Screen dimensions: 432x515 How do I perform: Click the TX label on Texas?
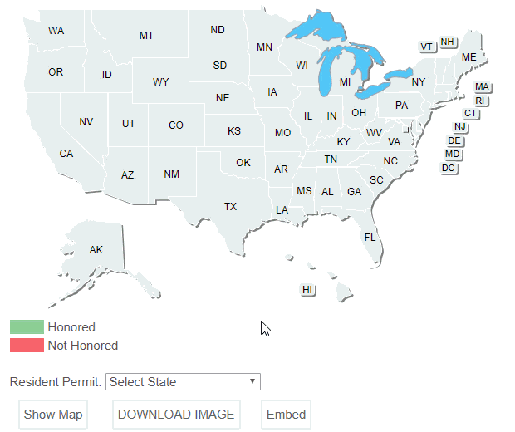click(x=230, y=206)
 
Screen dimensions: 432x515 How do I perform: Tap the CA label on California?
click(x=66, y=153)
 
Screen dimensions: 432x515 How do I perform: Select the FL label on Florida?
click(x=370, y=237)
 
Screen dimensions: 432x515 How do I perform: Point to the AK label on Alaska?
click(x=96, y=249)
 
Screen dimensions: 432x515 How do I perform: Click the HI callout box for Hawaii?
click(x=307, y=289)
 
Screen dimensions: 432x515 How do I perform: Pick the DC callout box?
click(x=449, y=168)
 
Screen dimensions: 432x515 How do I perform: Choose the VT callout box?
click(x=427, y=47)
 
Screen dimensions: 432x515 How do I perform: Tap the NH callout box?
click(x=448, y=42)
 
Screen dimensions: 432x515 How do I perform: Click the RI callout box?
click(x=480, y=101)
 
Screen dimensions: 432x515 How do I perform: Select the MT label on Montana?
click(x=146, y=35)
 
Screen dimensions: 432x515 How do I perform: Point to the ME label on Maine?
click(x=469, y=56)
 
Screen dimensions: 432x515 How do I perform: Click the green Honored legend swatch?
click(x=26, y=327)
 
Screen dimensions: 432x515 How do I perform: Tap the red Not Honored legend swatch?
click(x=26, y=345)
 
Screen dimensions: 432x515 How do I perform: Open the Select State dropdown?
click(x=183, y=382)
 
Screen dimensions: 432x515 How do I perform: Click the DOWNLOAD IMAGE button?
click(x=176, y=415)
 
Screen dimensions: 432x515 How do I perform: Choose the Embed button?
click(x=286, y=415)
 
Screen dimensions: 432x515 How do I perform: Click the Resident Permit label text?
click(x=56, y=382)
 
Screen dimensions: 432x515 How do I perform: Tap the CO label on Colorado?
click(x=176, y=125)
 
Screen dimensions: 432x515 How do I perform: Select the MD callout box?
click(x=453, y=155)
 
